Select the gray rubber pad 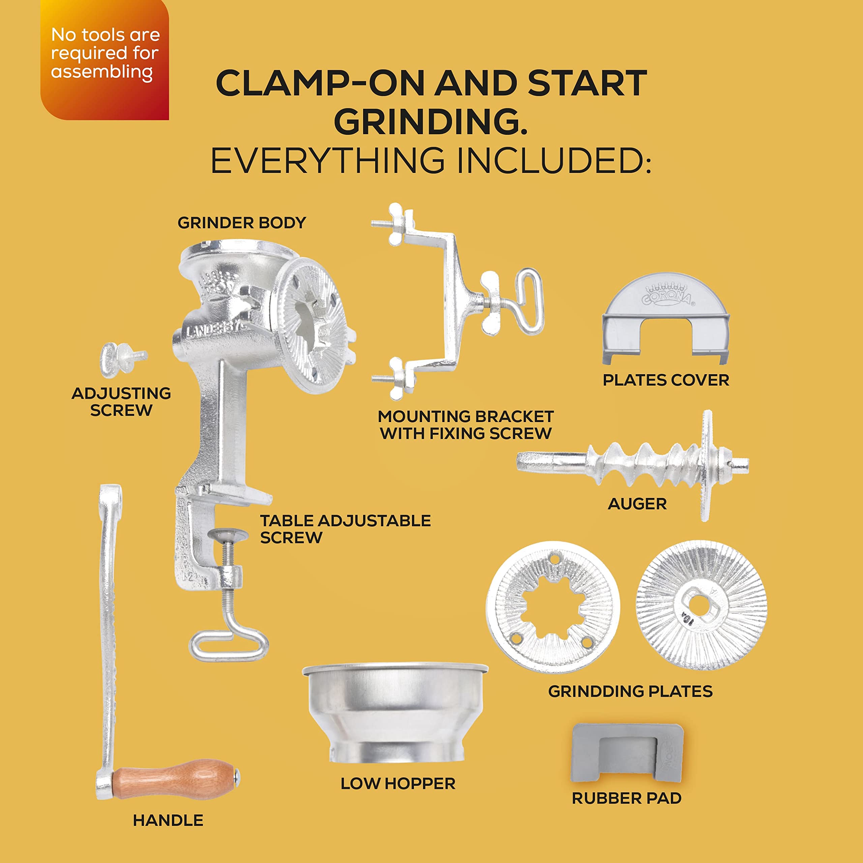click(x=627, y=753)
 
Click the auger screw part click(x=643, y=465)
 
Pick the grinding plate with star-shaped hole click(x=553, y=607)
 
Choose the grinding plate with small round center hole click(x=701, y=605)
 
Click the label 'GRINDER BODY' click(x=242, y=222)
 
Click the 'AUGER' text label click(x=637, y=504)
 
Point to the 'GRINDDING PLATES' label click(x=630, y=691)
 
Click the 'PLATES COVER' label click(x=665, y=380)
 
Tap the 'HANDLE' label click(x=168, y=820)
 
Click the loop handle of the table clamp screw click(x=229, y=645)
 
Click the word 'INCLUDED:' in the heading click(x=554, y=160)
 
